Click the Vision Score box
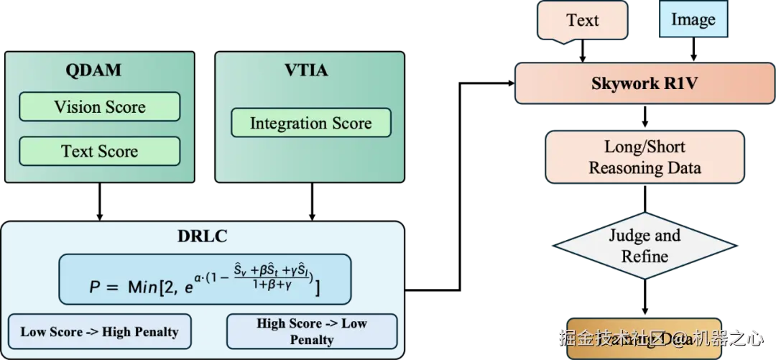pyautogui.click(x=99, y=107)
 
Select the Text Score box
pyautogui.click(x=99, y=151)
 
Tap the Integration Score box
pyautogui.click(x=310, y=123)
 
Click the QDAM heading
pyautogui.click(x=93, y=70)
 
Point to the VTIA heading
pyautogui.click(x=306, y=70)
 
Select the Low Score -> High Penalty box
pyautogui.click(x=99, y=331)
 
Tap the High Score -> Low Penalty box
pyautogui.click(x=311, y=331)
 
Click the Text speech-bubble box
pyautogui.click(x=582, y=20)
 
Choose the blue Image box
pyautogui.click(x=693, y=19)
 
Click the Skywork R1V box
pyautogui.click(x=644, y=83)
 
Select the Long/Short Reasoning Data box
pyautogui.click(x=645, y=157)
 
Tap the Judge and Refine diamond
pyautogui.click(x=645, y=246)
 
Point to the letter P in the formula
pyautogui.click(x=94, y=287)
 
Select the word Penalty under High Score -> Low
pyautogui.click(x=311, y=339)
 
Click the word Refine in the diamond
pyautogui.click(x=645, y=256)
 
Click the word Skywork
pyautogui.click(x=620, y=83)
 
